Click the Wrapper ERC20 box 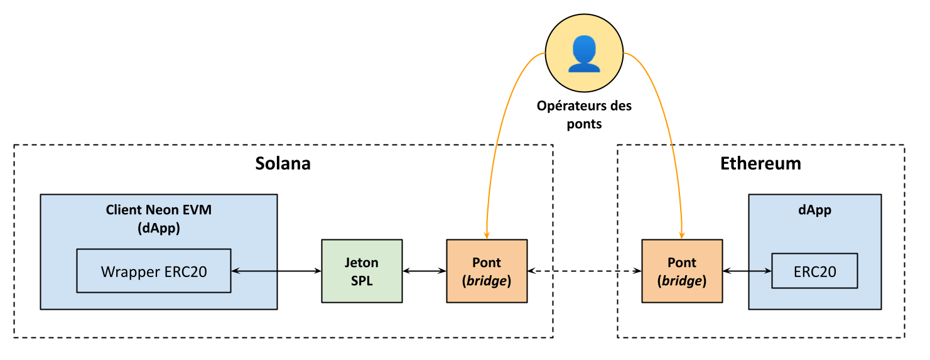coord(154,271)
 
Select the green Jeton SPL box coord(362,271)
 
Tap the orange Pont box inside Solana coord(487,271)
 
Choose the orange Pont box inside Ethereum coord(682,271)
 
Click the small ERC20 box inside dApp coord(814,271)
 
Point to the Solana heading coord(283,163)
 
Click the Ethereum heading coord(760,163)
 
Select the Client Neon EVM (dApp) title coord(159,219)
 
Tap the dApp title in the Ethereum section coord(814,210)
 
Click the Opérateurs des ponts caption coord(584,114)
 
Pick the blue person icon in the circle coord(584,53)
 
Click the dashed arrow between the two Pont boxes coord(584,271)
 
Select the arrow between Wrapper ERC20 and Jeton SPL coord(276,271)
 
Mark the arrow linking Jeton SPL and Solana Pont coord(424,271)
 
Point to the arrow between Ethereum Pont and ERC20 coord(747,271)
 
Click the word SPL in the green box coord(362,281)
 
